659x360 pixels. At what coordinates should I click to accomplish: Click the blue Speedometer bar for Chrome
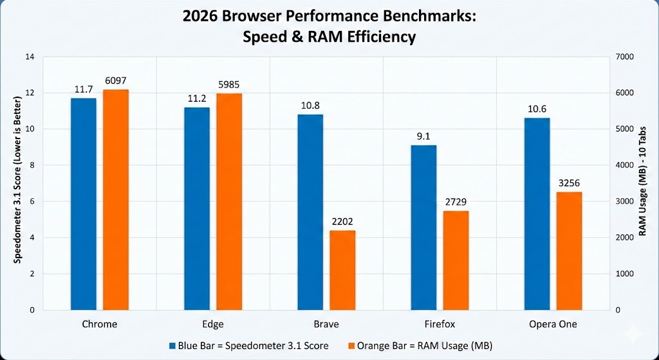pyautogui.click(x=84, y=204)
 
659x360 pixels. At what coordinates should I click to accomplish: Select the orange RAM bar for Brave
pyautogui.click(x=342, y=270)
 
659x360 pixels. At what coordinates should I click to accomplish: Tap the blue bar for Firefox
pyautogui.click(x=423, y=227)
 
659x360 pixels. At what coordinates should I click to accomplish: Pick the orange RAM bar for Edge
pyautogui.click(x=229, y=202)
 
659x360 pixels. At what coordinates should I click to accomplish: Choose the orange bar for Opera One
pyautogui.click(x=569, y=251)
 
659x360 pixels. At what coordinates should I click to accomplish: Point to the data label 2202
pyautogui.click(x=342, y=223)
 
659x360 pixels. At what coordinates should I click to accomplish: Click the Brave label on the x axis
pyautogui.click(x=326, y=324)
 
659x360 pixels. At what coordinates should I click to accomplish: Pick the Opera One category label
pyautogui.click(x=553, y=324)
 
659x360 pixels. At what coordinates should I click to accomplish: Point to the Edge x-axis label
pyautogui.click(x=213, y=324)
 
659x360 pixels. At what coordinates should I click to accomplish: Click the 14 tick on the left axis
pyautogui.click(x=30, y=57)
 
